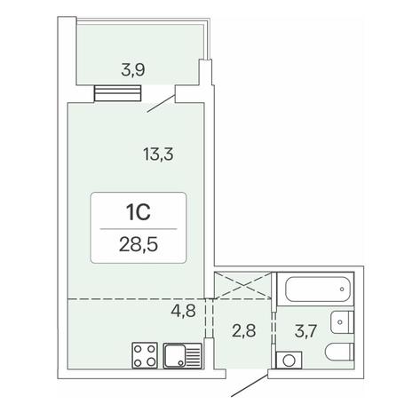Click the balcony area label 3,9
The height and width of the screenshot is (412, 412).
133,71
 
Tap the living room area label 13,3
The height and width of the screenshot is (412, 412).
158,154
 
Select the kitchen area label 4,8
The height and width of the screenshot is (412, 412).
184,311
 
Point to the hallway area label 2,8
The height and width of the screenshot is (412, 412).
244,330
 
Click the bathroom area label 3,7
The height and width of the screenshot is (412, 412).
306,330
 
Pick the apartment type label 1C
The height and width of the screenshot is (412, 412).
139,212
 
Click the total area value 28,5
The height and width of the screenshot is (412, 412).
139,245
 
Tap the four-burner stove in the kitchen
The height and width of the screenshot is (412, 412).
145,355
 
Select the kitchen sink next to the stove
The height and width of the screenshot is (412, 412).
183,356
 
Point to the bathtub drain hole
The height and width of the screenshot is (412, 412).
342,289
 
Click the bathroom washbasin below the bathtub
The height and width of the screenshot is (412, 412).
342,322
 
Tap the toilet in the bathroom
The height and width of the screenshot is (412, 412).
340,352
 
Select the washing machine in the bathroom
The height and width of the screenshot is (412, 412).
289,360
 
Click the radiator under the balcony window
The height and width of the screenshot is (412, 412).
117,93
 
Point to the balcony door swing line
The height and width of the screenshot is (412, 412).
161,104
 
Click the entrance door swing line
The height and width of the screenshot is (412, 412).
250,385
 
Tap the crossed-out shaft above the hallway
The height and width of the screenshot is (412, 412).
242,286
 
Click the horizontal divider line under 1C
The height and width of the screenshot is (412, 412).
139,229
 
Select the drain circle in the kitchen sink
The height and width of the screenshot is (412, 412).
180,362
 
